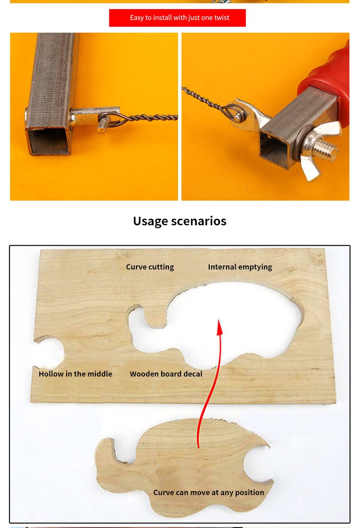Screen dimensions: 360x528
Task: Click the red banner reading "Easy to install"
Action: pos(178,18)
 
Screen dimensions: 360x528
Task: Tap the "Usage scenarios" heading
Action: pos(180,221)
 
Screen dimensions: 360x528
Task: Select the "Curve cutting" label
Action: pos(150,267)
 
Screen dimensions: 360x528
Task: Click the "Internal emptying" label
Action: pos(240,267)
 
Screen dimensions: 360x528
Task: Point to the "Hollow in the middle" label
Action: pos(75,374)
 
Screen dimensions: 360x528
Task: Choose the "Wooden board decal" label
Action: pos(166,374)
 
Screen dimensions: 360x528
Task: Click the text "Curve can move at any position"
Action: pos(209,492)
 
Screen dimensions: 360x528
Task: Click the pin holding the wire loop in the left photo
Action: pos(103,123)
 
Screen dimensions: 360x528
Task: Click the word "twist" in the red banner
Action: pos(222,17)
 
